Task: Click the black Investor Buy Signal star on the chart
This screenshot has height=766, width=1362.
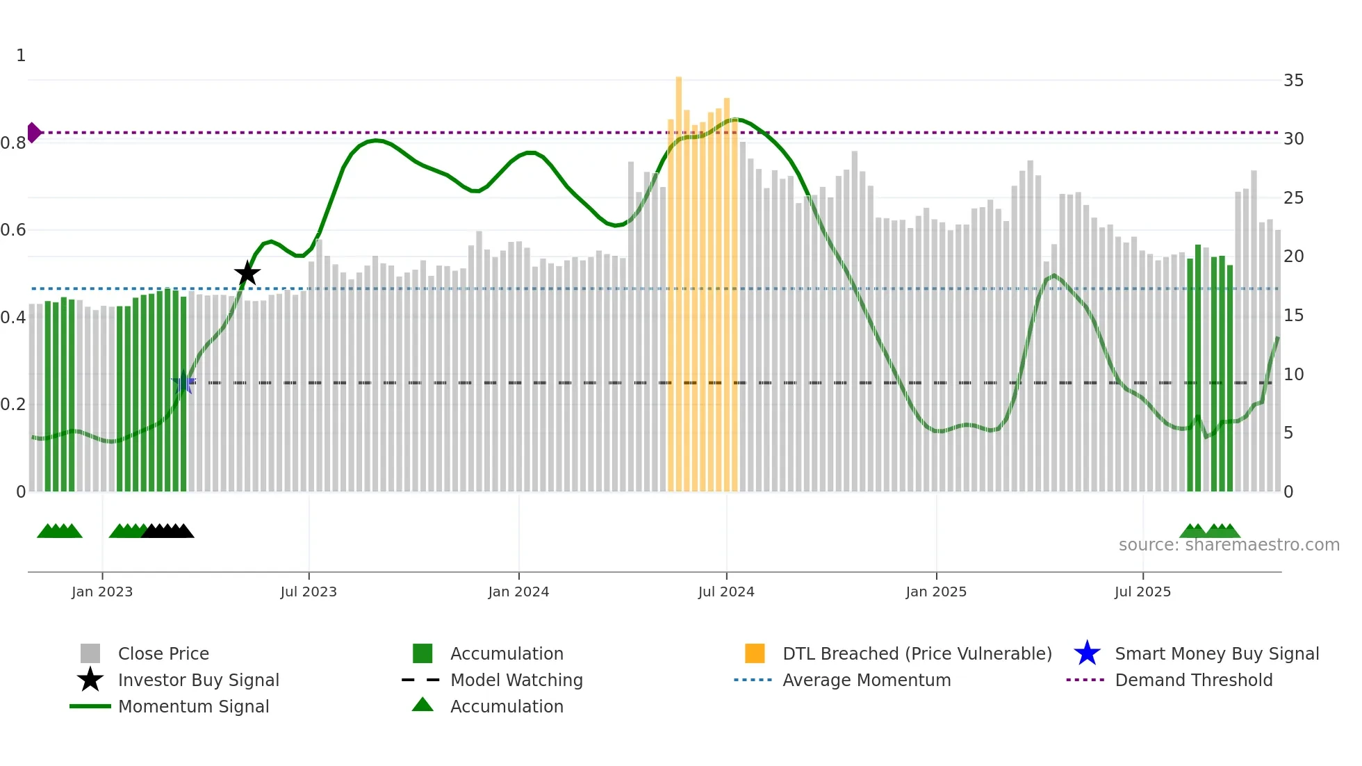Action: pyautogui.click(x=247, y=274)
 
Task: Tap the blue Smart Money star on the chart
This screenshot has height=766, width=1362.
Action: pyautogui.click(x=183, y=382)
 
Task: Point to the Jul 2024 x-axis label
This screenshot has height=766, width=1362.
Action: pyautogui.click(x=726, y=592)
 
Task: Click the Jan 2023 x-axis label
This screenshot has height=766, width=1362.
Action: pyautogui.click(x=102, y=592)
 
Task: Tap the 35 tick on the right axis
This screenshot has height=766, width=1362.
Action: pyautogui.click(x=1293, y=81)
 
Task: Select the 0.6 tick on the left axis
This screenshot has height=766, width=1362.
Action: pyautogui.click(x=13, y=230)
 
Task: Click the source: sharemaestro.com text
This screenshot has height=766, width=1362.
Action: pyautogui.click(x=1229, y=545)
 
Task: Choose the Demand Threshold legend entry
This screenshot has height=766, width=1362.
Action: pyautogui.click(x=1193, y=680)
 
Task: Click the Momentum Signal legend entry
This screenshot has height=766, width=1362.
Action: pyautogui.click(x=193, y=706)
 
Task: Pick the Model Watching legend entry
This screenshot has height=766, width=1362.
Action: pyautogui.click(x=516, y=680)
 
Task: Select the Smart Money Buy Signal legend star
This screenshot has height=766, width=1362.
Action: pyautogui.click(x=1087, y=653)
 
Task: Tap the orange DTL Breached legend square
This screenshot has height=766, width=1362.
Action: pyautogui.click(x=755, y=653)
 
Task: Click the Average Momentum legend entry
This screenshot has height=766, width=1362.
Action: pyautogui.click(x=866, y=680)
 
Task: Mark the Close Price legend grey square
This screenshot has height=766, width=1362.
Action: pyautogui.click(x=90, y=653)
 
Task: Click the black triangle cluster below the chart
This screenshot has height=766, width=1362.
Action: pyautogui.click(x=167, y=531)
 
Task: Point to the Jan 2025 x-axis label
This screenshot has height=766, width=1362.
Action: pyautogui.click(x=935, y=592)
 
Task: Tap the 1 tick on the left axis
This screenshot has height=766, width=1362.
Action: pyautogui.click(x=21, y=56)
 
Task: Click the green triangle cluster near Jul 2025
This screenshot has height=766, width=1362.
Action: pyautogui.click(x=1209, y=531)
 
